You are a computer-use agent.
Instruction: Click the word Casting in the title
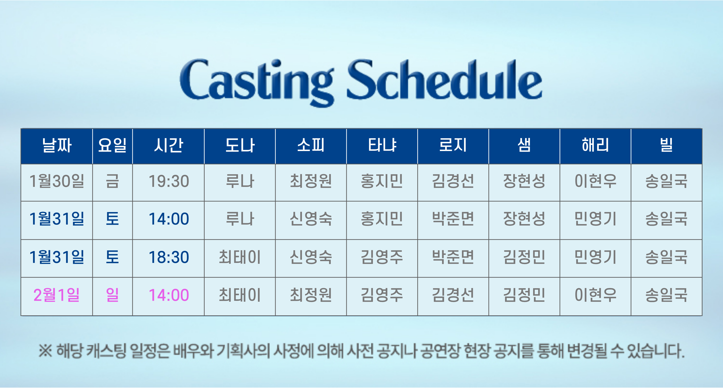point(257,81)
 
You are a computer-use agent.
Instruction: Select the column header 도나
point(240,146)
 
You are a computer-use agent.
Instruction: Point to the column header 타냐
point(382,146)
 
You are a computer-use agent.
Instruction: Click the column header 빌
point(666,146)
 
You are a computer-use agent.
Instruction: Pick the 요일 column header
point(112,146)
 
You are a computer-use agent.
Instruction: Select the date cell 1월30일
point(57,181)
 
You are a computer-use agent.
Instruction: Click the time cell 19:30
point(168,181)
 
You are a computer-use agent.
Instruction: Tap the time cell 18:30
point(168,257)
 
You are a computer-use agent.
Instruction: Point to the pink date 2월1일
point(57,295)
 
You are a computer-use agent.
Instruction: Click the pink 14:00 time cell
point(168,295)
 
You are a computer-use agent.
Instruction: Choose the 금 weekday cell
point(112,181)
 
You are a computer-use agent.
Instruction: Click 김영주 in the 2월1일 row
point(382,295)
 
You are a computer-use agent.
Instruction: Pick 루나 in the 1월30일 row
point(240,181)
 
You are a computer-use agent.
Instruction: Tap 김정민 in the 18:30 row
point(524,257)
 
